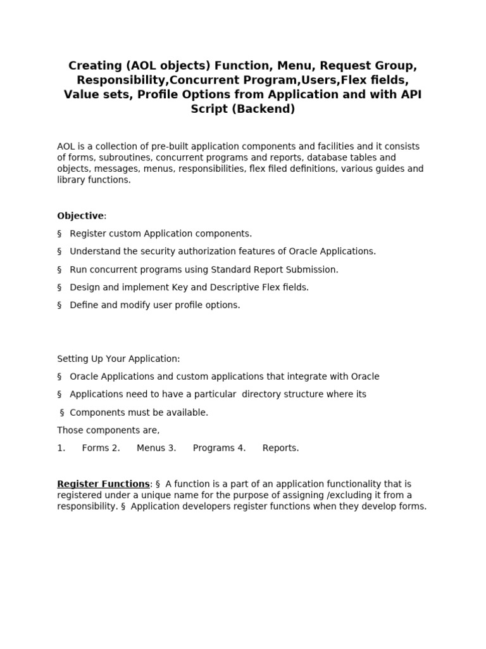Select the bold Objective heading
(x=80, y=216)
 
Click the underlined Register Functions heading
(x=103, y=484)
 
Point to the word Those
(x=70, y=430)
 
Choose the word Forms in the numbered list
(x=95, y=448)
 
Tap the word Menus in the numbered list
(x=151, y=448)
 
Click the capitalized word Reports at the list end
(x=280, y=448)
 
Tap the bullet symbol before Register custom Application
(x=59, y=234)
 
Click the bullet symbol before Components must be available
(x=62, y=413)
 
